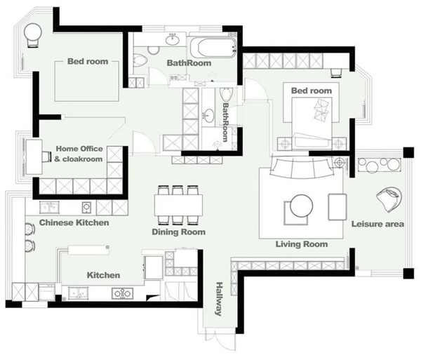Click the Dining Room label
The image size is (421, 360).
coord(178,232)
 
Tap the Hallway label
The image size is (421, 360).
coord(219,299)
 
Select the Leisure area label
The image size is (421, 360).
coord(377,224)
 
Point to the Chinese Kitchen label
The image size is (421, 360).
coord(74,222)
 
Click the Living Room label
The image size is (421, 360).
coord(302,244)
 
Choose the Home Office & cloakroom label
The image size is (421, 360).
coord(79,154)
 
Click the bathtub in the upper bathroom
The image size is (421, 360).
coord(213,47)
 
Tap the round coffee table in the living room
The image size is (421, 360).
coord(301,206)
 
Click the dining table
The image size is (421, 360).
coord(178,205)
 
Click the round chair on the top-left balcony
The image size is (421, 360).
coord(33,34)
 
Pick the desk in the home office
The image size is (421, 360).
coord(34,156)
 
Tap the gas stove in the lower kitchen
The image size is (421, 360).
coord(122,294)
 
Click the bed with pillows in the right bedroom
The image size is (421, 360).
coord(312,122)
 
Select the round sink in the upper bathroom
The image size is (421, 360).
coord(173,40)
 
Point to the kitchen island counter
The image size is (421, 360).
coord(89,250)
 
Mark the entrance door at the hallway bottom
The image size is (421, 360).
coord(220,338)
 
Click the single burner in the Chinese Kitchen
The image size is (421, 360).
coord(86,208)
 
